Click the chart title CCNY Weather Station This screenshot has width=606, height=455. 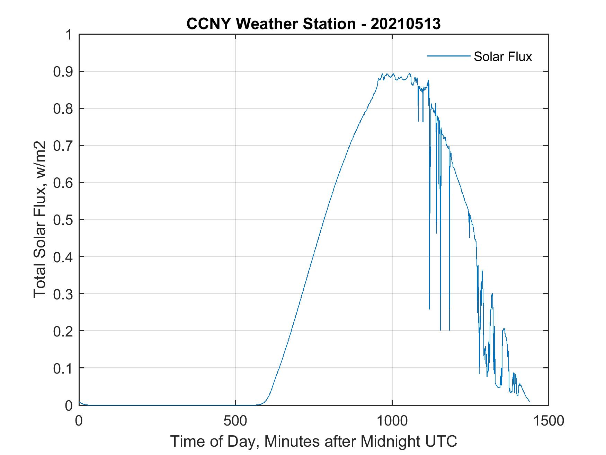tap(271, 24)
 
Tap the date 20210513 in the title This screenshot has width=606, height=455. tap(406, 24)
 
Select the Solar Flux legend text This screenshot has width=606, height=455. tap(502, 56)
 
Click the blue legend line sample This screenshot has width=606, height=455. tap(448, 56)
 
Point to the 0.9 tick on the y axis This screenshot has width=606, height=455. tap(63, 72)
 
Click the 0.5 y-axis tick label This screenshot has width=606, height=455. tap(63, 220)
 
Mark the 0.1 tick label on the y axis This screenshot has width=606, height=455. tap(63, 368)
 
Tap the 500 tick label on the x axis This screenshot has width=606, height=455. tap(235, 421)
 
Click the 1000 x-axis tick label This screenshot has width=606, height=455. tap(392, 421)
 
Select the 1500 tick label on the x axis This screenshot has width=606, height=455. tap(548, 421)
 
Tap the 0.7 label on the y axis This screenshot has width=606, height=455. tap(63, 146)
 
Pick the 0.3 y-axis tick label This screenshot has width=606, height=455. tap(63, 294)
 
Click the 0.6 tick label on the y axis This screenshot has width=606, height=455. tap(63, 183)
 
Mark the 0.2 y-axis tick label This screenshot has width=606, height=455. tap(63, 331)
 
